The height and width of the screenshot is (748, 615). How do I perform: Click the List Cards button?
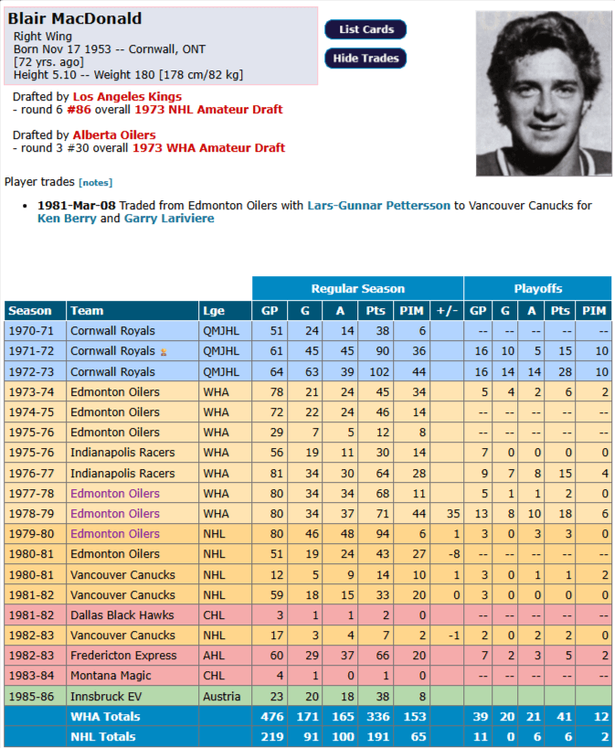(366, 29)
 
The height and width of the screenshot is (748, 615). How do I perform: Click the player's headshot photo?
(543, 92)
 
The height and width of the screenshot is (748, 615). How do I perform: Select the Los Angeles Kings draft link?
(127, 96)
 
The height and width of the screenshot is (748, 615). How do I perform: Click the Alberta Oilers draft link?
(114, 134)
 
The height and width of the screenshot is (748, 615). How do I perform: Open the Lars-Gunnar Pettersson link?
(378, 206)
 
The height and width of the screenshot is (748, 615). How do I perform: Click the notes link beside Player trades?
(96, 183)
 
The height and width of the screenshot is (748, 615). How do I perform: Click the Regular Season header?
(357, 288)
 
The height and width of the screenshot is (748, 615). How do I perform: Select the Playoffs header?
(537, 288)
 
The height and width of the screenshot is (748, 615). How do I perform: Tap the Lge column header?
(213, 311)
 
